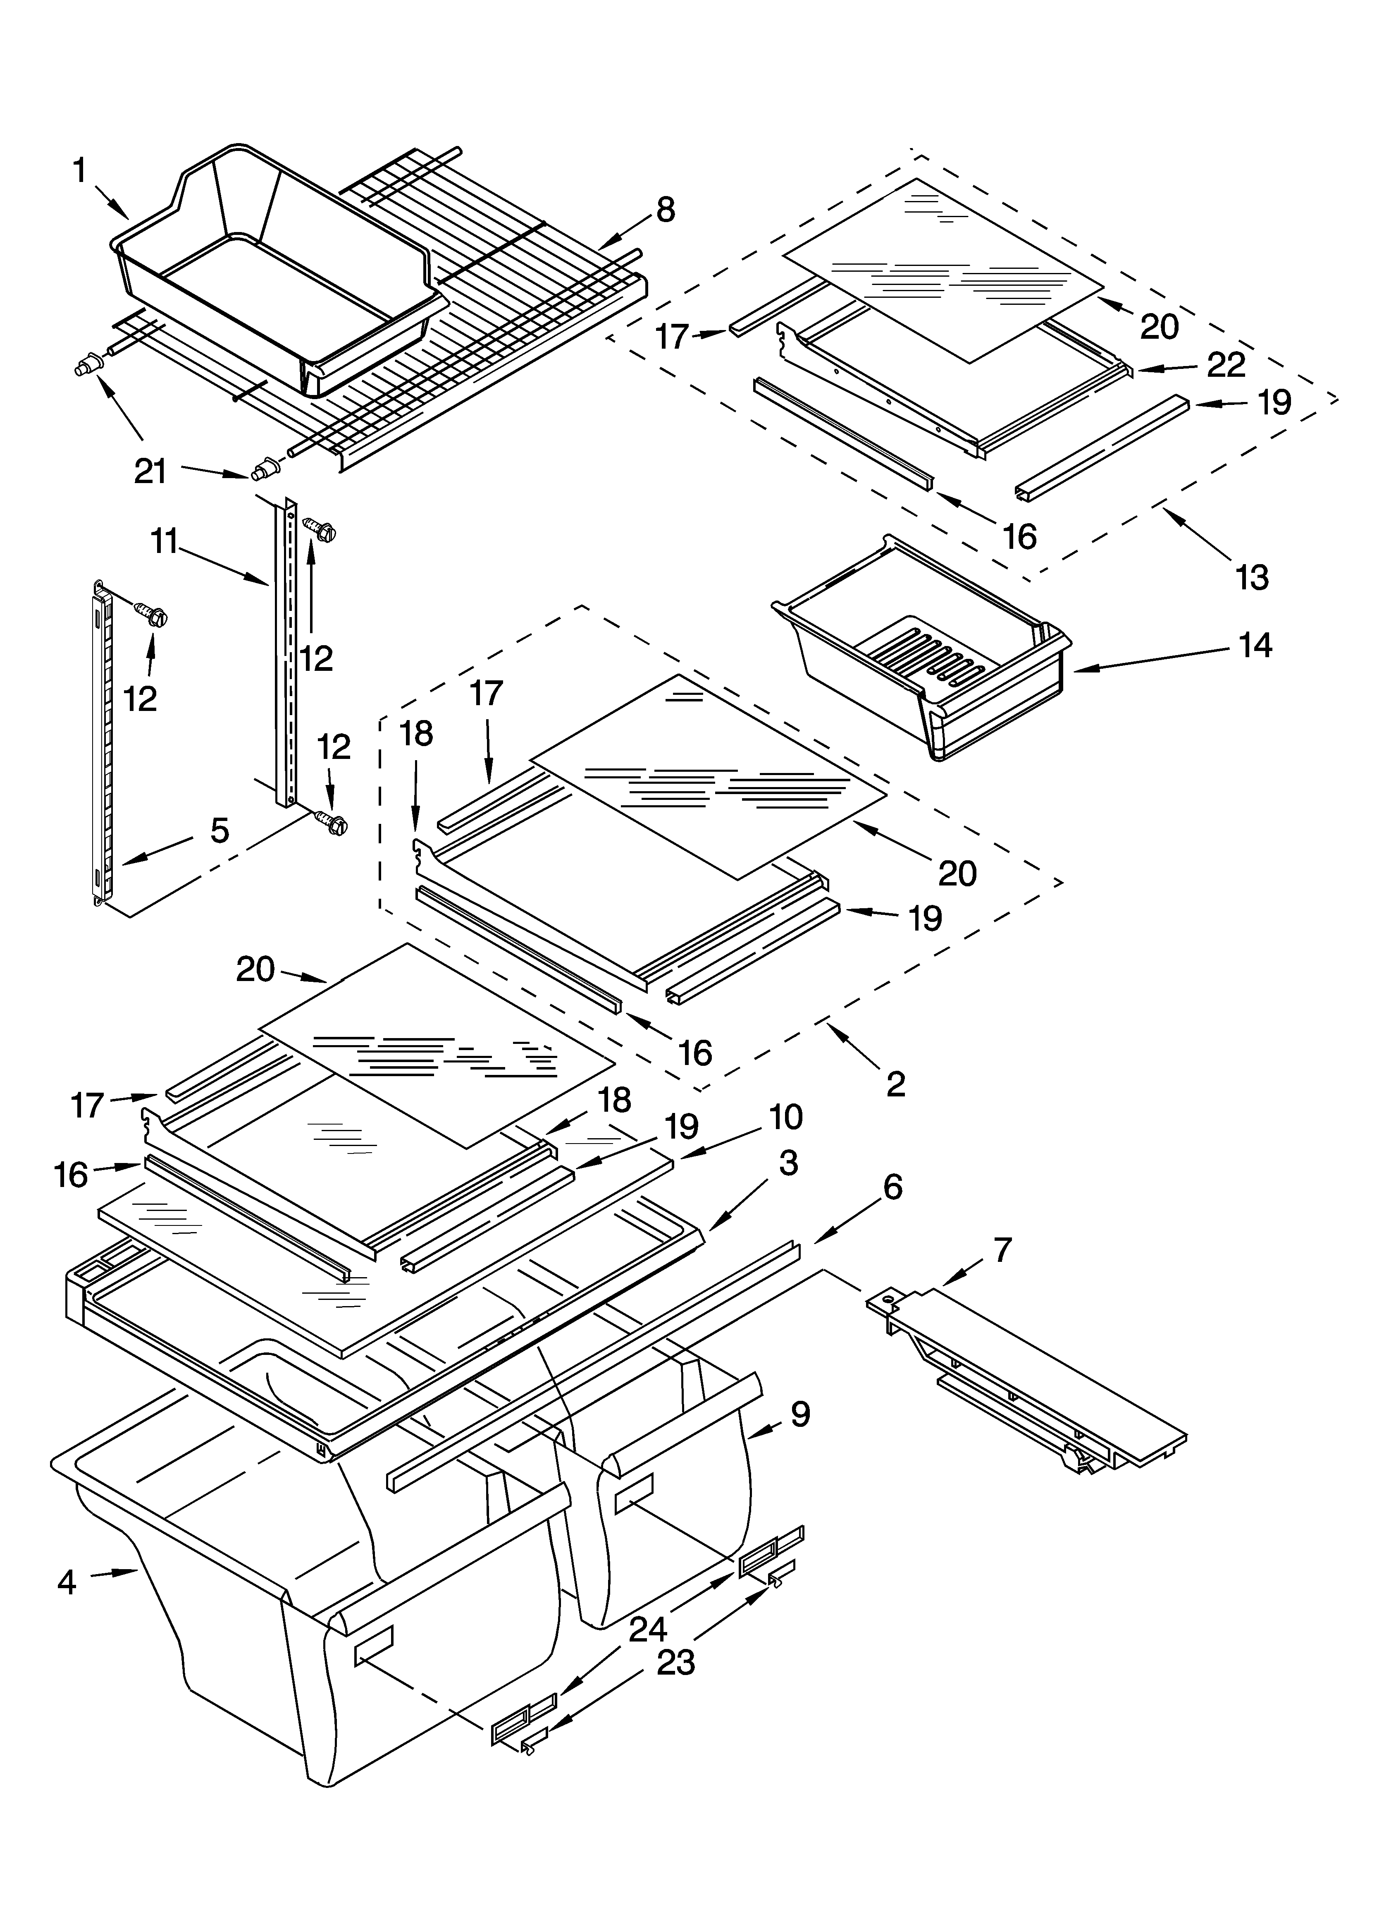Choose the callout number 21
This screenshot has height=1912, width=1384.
[x=151, y=471]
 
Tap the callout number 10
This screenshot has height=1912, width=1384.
[x=785, y=1117]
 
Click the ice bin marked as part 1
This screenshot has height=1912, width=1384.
[x=278, y=270]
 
